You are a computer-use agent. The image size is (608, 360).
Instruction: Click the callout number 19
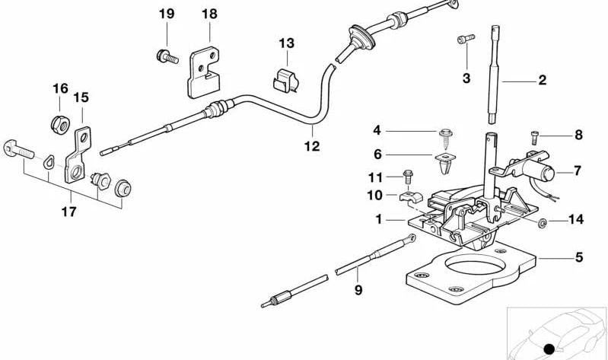[167, 14]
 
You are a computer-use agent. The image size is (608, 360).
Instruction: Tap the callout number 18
[209, 14]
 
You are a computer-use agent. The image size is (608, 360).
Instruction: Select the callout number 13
[285, 43]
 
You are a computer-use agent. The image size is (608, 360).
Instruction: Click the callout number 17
[69, 212]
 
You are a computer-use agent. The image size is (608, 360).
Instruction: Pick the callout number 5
[579, 257]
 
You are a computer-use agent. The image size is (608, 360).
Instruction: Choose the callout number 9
[357, 289]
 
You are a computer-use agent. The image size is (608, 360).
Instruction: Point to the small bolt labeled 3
[464, 38]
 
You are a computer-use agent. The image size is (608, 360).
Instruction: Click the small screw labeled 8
[536, 136]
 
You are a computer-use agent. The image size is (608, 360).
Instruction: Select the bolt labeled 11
[408, 176]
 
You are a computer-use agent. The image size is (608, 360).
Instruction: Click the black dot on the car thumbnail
[548, 349]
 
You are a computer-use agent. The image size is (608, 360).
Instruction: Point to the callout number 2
[542, 80]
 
